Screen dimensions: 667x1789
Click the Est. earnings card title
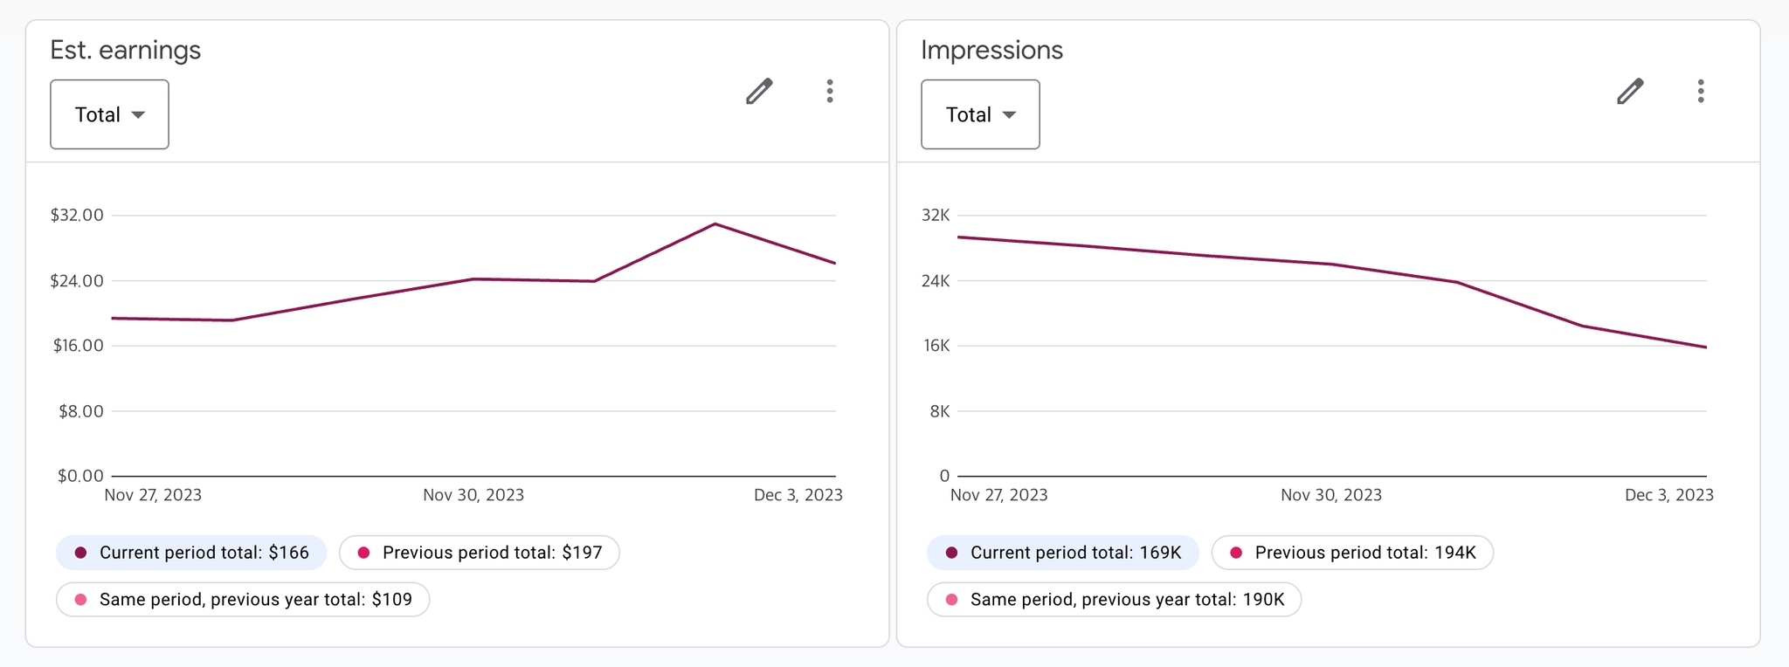[125, 51]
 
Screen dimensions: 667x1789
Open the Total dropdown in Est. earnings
[109, 114]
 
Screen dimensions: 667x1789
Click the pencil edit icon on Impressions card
[1630, 92]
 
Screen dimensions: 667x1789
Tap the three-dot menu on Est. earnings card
[830, 92]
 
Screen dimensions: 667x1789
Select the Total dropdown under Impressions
[980, 114]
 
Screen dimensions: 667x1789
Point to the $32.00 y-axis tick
[77, 215]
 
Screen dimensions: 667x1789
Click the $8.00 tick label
[81, 411]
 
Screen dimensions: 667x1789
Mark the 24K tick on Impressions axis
[936, 281]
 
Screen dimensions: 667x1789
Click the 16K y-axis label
[936, 346]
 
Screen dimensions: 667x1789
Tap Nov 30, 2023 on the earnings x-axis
[473, 495]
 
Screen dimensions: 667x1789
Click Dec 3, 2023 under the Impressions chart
[1668, 495]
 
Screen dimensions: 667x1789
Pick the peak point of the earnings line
[715, 224]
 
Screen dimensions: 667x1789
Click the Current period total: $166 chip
[191, 553]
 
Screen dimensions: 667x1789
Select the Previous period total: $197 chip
[480, 553]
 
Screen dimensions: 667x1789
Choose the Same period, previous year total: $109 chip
[243, 600]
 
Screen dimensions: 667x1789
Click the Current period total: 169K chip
[1063, 553]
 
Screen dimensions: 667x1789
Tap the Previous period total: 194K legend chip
[1352, 553]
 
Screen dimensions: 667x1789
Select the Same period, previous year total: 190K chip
[1114, 600]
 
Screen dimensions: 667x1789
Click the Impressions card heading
[991, 51]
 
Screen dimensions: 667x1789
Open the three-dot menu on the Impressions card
[1701, 92]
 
